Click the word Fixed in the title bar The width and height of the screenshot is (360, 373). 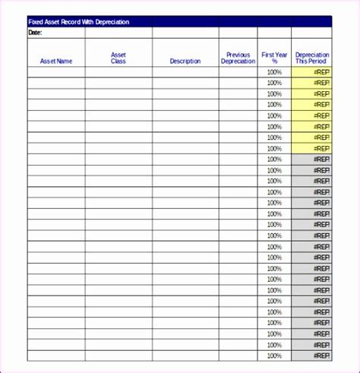point(35,22)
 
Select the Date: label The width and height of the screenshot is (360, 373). point(35,33)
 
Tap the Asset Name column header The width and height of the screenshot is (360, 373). point(56,61)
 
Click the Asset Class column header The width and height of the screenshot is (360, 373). point(118,58)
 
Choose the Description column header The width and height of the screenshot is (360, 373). point(185,61)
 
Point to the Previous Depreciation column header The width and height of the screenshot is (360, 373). point(238,58)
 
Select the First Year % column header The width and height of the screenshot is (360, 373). point(274,58)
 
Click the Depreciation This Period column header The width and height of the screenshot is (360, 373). point(312,58)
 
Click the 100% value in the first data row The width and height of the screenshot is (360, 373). point(274,72)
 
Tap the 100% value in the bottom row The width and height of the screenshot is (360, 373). point(274,356)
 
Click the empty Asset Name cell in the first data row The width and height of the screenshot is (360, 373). point(56,72)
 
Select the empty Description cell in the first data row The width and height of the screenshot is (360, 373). point(185,72)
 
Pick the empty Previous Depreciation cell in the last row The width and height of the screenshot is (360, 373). point(238,356)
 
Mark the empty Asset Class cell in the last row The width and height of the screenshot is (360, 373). point(118,356)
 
